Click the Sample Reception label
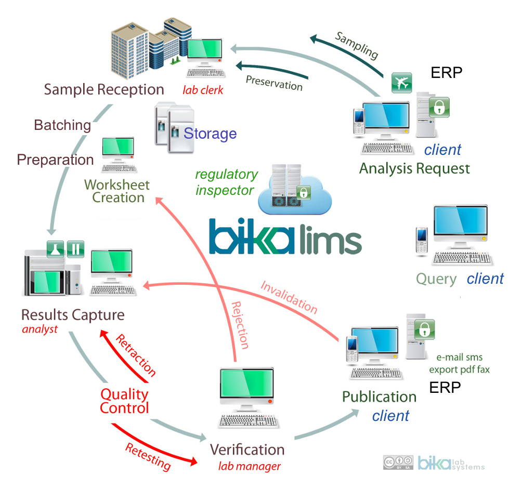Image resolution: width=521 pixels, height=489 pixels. (104, 89)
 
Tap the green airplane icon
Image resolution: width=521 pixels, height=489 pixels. (401, 83)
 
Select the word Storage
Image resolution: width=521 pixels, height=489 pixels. (210, 134)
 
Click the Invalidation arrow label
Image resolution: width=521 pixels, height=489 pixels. (289, 297)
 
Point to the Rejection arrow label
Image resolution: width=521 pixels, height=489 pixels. (240, 325)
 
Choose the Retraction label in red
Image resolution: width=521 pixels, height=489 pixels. (135, 355)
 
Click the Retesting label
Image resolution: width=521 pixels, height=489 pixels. (148, 455)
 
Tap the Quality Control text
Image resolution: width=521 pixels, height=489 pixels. (124, 401)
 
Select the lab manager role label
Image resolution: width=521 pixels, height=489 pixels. (249, 466)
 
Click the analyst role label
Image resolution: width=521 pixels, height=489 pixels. (40, 329)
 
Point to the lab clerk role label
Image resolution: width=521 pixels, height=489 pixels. (203, 90)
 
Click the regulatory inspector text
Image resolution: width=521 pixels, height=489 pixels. (226, 182)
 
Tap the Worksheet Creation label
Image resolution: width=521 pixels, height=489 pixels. (117, 191)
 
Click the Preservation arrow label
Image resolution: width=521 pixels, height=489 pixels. (273, 83)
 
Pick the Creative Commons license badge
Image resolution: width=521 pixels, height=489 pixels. (398, 462)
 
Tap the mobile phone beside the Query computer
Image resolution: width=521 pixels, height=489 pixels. (422, 240)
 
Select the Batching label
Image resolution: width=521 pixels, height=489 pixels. (62, 125)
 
